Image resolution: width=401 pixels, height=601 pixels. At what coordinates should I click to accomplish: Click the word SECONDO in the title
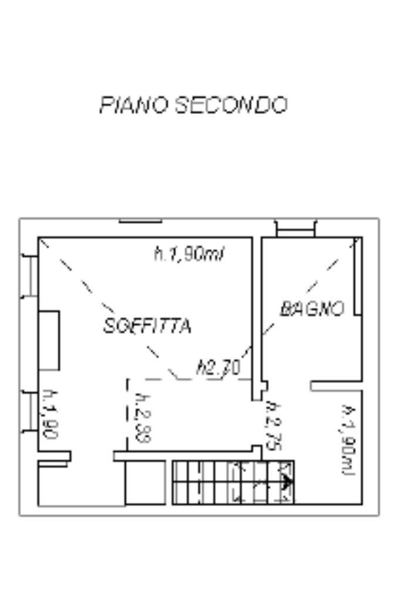[x=231, y=105]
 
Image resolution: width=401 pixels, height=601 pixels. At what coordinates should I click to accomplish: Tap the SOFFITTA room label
[x=147, y=325]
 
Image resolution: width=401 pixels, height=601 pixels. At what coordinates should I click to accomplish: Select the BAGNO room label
[x=312, y=309]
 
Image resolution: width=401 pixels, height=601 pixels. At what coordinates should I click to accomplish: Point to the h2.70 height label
[x=218, y=368]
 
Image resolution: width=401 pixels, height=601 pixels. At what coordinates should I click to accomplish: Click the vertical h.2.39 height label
[x=140, y=417]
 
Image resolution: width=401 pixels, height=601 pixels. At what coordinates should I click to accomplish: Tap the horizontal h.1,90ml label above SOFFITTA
[x=189, y=254]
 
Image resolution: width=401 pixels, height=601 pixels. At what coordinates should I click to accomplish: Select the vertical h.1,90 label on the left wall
[x=50, y=414]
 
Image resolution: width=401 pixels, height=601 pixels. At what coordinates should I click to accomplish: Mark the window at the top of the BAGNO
[x=295, y=229]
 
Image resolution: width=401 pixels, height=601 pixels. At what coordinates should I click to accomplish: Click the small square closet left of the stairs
[x=145, y=482]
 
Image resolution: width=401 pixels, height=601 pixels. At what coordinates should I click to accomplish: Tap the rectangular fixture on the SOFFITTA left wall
[x=49, y=340]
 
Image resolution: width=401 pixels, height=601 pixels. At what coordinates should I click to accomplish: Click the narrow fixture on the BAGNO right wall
[x=358, y=276]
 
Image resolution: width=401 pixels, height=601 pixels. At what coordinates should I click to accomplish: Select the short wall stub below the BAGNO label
[x=336, y=386]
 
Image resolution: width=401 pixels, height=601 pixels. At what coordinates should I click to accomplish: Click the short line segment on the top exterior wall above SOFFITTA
[x=140, y=221]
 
